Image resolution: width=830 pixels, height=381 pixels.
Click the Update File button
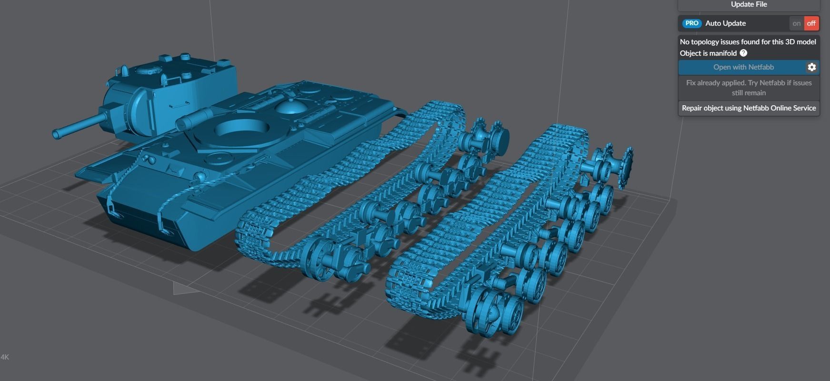749,5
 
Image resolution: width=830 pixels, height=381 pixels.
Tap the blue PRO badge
691,23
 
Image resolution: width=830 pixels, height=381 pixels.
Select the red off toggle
811,23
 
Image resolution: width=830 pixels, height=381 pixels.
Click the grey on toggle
796,23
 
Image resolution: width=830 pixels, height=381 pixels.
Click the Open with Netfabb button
743,67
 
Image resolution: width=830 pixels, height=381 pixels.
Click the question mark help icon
743,53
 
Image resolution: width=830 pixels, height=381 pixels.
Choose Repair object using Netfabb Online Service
749,108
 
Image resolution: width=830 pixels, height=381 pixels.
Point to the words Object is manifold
708,53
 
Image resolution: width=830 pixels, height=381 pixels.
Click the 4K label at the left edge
5,357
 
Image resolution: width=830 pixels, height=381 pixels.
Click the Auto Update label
725,23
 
